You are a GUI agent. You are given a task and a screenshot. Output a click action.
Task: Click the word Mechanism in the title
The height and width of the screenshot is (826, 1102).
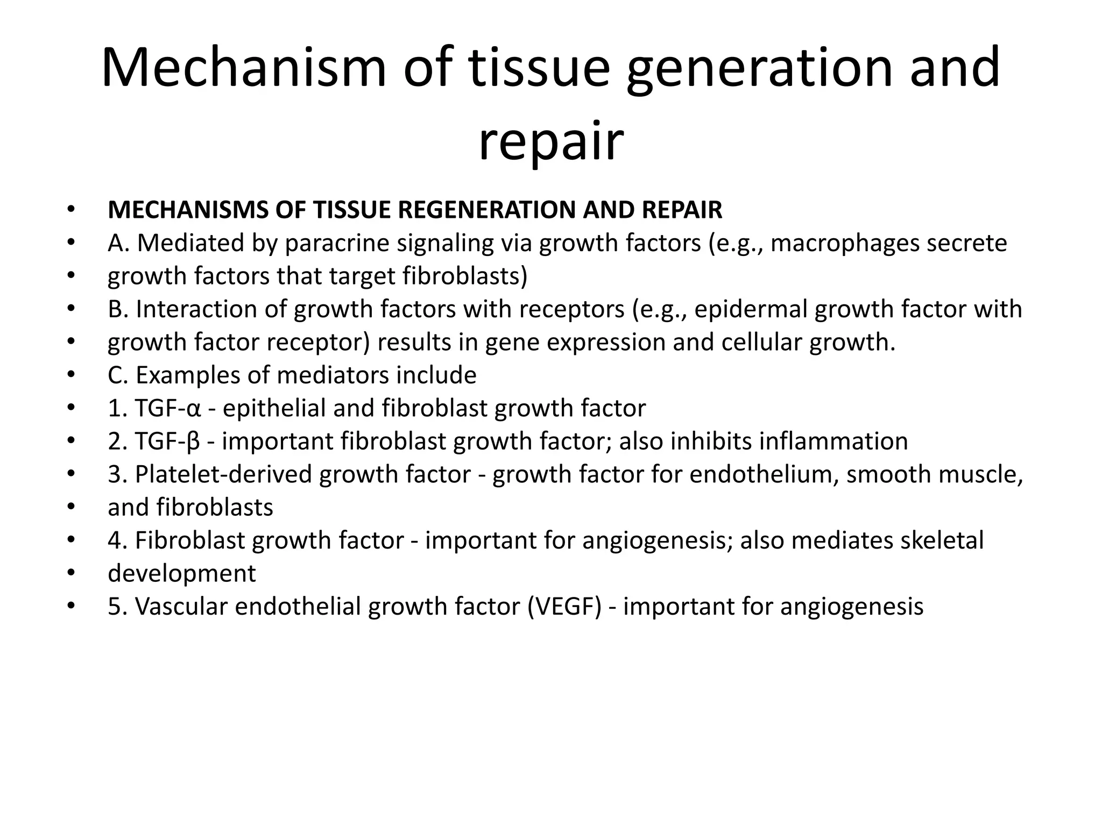point(243,68)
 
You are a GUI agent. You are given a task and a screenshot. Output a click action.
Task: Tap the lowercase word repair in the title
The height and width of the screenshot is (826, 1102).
point(550,141)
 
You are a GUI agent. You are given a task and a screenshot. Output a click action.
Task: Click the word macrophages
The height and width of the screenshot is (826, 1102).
point(844,243)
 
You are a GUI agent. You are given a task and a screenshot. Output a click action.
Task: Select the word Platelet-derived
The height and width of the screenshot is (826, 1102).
point(222,474)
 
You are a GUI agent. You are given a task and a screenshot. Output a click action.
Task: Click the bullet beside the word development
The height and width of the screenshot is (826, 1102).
point(70,573)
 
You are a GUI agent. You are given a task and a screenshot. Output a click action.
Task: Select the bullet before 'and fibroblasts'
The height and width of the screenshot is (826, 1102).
point(70,507)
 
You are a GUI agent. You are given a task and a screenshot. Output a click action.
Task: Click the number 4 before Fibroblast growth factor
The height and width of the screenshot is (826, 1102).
point(115,540)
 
